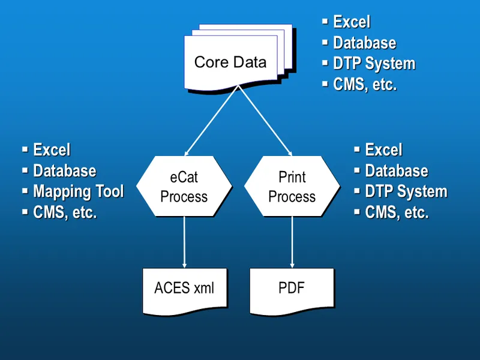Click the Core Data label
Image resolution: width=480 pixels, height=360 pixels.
point(230,62)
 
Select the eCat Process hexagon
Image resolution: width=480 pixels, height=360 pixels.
point(184,187)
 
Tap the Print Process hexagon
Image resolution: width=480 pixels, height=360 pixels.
point(292,187)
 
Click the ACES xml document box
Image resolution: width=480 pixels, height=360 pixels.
point(184,289)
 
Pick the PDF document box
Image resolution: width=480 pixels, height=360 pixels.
point(292,289)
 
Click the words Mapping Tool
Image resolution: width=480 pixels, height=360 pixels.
point(78,192)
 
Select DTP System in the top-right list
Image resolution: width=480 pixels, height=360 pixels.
point(374,64)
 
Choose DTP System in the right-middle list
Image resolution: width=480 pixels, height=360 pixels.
point(406,192)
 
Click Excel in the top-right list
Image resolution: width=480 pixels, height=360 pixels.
point(352,22)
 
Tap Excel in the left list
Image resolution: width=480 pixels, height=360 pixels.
point(52,150)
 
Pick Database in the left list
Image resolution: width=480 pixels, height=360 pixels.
point(64,171)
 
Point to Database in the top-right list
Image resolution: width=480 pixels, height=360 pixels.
point(364,43)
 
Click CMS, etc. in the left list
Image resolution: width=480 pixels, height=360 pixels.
point(65,213)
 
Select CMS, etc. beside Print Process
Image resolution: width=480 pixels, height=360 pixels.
point(397,213)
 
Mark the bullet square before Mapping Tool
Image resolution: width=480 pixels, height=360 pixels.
point(25,191)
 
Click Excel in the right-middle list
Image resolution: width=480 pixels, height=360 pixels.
point(383,150)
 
